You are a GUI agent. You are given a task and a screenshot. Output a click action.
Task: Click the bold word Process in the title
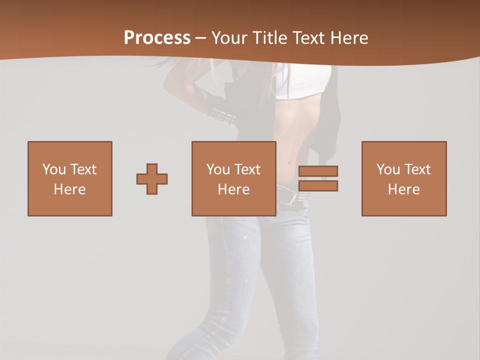pyautogui.click(x=157, y=38)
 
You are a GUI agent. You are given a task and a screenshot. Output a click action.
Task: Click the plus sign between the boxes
pyautogui.click(x=152, y=179)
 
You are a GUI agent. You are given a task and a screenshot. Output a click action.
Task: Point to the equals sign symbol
pyautogui.click(x=318, y=178)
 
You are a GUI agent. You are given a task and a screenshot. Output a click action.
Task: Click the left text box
pyautogui.click(x=70, y=178)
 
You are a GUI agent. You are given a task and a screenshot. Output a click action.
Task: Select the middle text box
pyautogui.click(x=234, y=178)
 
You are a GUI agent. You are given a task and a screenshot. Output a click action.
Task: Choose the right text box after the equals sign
pyautogui.click(x=404, y=178)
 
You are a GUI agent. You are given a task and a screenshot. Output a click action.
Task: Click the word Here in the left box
pyautogui.click(x=70, y=189)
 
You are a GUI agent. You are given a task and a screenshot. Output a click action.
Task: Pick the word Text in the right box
pyautogui.click(x=418, y=169)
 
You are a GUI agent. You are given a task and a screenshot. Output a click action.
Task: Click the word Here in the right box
pyautogui.click(x=404, y=189)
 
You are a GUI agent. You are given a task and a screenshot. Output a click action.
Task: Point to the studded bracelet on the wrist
pyautogui.click(x=222, y=117)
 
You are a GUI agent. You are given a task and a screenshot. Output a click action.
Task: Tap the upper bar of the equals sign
pyautogui.click(x=318, y=171)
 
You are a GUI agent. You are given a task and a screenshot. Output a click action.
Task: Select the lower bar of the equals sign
pyautogui.click(x=318, y=186)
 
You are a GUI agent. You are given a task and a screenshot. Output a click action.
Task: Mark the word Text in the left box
pyautogui.click(x=84, y=169)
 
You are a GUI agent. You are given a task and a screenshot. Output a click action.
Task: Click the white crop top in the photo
pyautogui.click(x=303, y=82)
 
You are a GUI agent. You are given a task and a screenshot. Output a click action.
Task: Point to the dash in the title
pyautogui.click(x=201, y=38)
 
